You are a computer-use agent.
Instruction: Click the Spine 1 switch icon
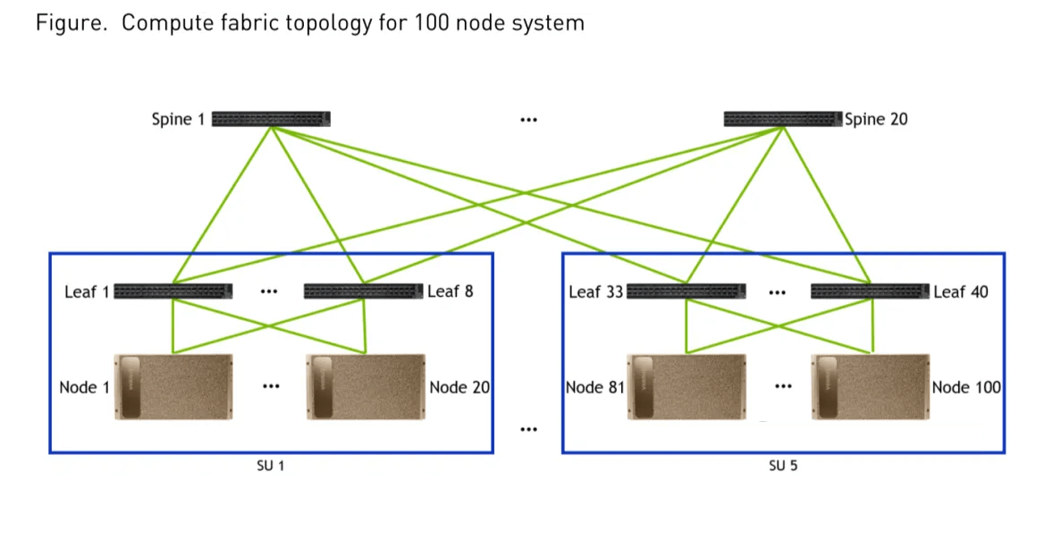click(x=271, y=119)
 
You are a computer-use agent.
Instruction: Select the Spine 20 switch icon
click(x=783, y=119)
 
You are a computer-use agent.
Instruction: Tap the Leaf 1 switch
click(x=173, y=291)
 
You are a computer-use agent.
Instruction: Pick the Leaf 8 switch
click(x=363, y=291)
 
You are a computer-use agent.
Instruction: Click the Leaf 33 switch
click(x=686, y=291)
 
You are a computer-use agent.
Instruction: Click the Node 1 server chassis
click(x=173, y=387)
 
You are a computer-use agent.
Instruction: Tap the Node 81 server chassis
click(x=686, y=387)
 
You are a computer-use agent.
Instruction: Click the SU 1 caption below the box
click(x=270, y=466)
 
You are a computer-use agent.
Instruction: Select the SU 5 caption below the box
click(x=782, y=466)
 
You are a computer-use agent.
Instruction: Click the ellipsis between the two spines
click(x=528, y=119)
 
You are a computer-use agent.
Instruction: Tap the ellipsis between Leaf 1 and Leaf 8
click(x=268, y=291)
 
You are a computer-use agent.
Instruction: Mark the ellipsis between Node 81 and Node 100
click(x=784, y=387)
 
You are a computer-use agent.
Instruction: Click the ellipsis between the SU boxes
click(x=528, y=430)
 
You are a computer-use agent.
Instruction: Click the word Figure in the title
click(x=68, y=23)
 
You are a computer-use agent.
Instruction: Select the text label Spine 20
click(x=876, y=119)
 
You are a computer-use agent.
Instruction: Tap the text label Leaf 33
click(x=595, y=291)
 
